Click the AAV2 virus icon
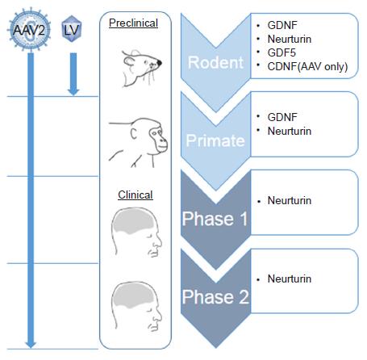coord(29,29)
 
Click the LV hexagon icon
coord(71,29)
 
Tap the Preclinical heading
coord(133,23)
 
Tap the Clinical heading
coord(136,195)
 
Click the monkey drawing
coord(138,143)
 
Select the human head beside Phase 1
coord(136,232)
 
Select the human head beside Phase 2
coord(136,307)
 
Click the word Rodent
coord(215,62)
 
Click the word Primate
coord(215,140)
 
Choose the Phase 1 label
coord(215,219)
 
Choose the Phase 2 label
coord(215,297)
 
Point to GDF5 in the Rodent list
coord(282,52)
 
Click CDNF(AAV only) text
coord(307,66)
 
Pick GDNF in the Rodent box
coord(282,25)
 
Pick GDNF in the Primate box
coord(282,117)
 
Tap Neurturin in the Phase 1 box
coord(290,200)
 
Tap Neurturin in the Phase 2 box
coord(290,278)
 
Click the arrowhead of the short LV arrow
coord(73,91)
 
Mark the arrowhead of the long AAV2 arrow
coord(31,344)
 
